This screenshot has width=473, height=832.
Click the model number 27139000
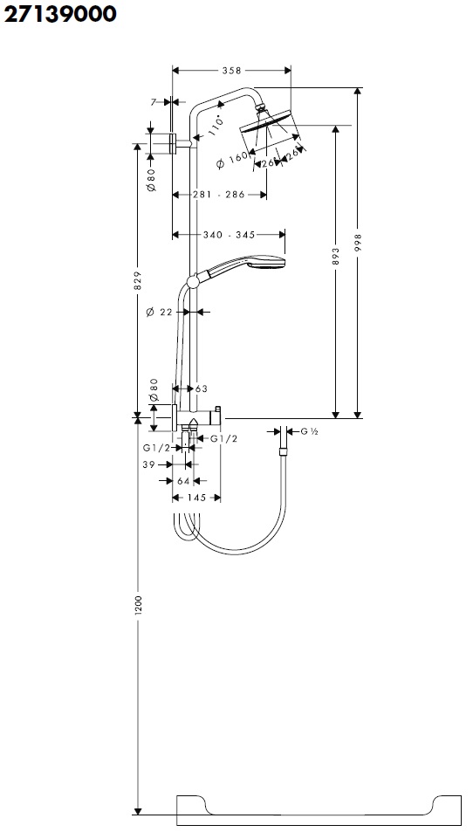[60, 15]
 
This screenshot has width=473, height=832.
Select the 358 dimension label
[230, 71]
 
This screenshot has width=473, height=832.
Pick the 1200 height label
[137, 606]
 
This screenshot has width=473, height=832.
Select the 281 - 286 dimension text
[218, 195]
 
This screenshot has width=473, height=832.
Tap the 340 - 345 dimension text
[228, 235]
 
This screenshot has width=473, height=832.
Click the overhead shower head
[269, 126]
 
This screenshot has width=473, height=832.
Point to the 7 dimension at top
[154, 102]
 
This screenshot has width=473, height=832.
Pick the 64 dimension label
[183, 480]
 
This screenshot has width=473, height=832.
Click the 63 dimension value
[202, 388]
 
